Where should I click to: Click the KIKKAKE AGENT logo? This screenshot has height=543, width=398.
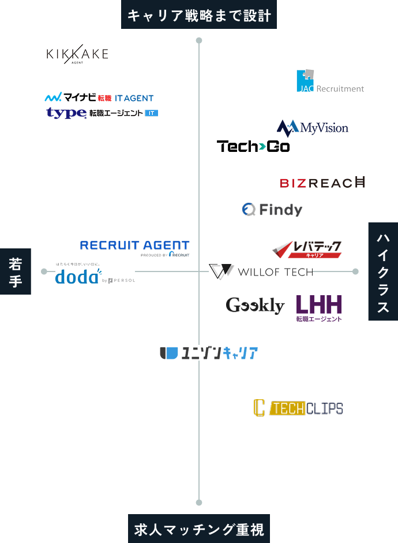tap(77, 54)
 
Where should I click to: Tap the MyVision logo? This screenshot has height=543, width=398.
tap(312, 128)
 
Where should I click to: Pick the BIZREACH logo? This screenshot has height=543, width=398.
tap(322, 183)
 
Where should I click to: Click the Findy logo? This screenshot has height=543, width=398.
tap(272, 209)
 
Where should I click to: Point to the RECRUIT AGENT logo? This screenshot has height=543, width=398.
tap(134, 247)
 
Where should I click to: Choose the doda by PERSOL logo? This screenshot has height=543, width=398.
tap(95, 274)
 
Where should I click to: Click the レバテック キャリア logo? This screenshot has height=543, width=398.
tap(307, 249)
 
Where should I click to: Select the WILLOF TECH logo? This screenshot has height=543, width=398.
tap(260, 271)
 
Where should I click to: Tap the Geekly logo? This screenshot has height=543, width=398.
tap(255, 305)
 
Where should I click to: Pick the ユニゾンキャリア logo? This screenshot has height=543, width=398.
tap(208, 353)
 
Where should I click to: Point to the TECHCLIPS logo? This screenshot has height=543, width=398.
tap(298, 408)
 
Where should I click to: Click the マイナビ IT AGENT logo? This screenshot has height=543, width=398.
tap(99, 98)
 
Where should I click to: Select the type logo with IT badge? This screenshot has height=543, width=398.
tap(102, 113)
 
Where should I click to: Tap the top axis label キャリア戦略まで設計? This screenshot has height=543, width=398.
tap(199, 15)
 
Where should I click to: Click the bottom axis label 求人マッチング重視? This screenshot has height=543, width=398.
tap(199, 529)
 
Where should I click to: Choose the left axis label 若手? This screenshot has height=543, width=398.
tap(16, 272)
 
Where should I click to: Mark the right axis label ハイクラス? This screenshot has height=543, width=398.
tap(382, 271)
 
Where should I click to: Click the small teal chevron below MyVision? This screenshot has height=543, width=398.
tap(262, 147)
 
